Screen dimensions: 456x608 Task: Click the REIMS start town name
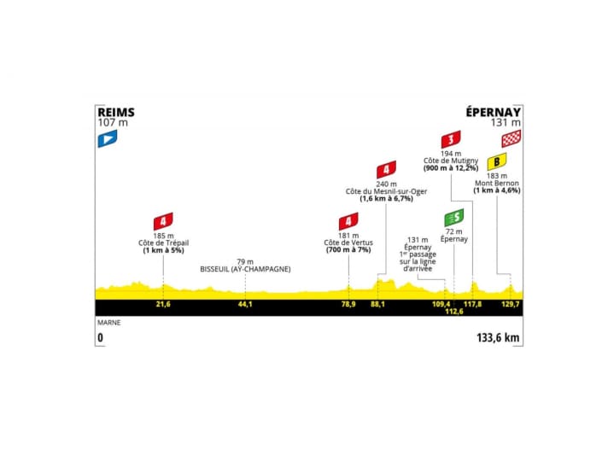pos(116,111)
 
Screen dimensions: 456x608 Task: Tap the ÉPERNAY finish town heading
pos(493,111)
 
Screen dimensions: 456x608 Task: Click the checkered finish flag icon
pos(512,139)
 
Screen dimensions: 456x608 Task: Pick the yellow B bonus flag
pos(497,162)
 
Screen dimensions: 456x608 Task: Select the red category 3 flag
pos(451,139)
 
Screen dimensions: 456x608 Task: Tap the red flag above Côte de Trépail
pos(163,221)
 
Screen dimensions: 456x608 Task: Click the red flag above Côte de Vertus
pos(348,221)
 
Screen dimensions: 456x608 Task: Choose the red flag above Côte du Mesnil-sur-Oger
pos(386,169)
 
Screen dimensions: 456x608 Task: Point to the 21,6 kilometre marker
pos(162,304)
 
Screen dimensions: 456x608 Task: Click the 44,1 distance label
pos(245,304)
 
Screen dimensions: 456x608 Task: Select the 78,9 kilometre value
pos(348,304)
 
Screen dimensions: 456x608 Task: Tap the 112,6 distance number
pos(454,312)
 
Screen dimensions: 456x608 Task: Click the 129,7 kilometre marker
pos(510,304)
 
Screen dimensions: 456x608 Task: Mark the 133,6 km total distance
pos(498,338)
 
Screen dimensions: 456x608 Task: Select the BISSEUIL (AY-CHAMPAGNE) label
pos(246,269)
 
